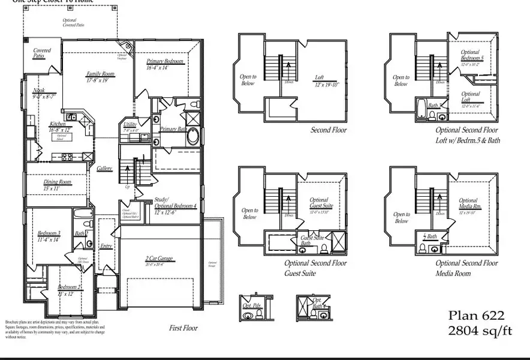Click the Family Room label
click(100, 74)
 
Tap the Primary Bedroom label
click(165, 62)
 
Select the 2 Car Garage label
click(158, 259)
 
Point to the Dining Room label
click(57, 182)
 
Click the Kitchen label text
click(58, 124)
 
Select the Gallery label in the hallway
click(104, 169)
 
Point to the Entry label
click(106, 246)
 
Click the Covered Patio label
click(42, 53)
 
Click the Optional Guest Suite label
click(319, 203)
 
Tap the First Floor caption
click(183, 328)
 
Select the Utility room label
click(130, 125)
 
